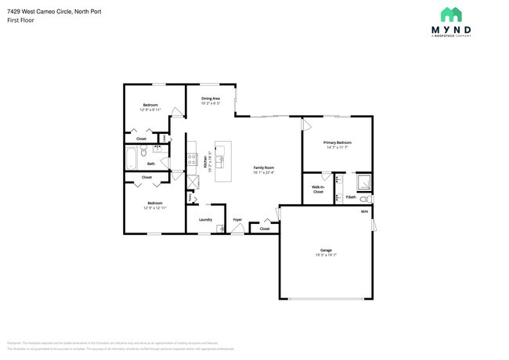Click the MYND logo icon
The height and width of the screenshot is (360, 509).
(450, 15)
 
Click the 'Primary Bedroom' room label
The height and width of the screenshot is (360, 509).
(338, 142)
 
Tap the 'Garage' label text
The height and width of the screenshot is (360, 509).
(325, 250)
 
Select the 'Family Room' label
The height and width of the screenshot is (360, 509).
(263, 167)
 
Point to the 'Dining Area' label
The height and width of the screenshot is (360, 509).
(211, 99)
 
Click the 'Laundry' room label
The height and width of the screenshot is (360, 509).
(206, 220)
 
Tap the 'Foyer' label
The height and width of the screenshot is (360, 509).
(237, 220)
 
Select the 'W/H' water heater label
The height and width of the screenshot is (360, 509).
(364, 212)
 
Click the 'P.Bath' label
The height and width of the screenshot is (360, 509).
(352, 197)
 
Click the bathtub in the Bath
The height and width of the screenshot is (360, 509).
(132, 159)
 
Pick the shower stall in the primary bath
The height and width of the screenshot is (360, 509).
(365, 184)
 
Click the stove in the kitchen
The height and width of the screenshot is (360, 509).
(192, 159)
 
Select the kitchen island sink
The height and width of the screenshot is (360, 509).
(222, 160)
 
